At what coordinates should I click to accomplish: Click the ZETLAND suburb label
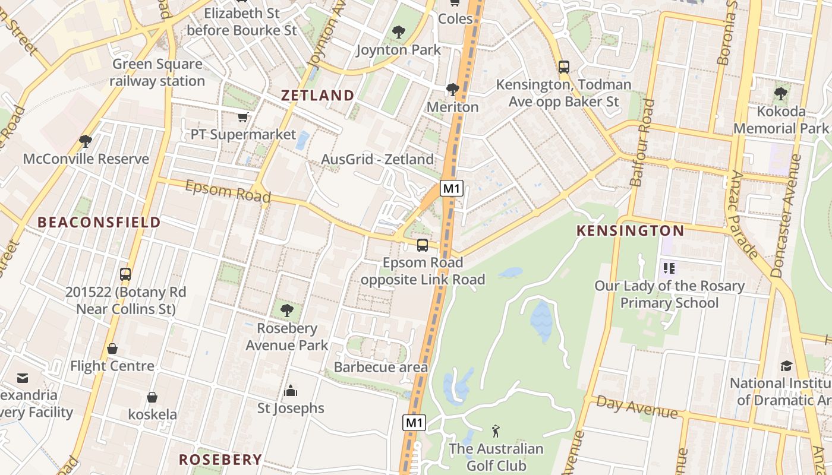pyautogui.click(x=317, y=95)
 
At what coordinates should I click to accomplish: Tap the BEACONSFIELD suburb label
pyautogui.click(x=99, y=223)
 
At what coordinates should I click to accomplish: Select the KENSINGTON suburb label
pyautogui.click(x=631, y=231)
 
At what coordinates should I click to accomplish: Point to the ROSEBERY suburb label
pyautogui.click(x=220, y=459)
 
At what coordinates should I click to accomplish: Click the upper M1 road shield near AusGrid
pyautogui.click(x=452, y=189)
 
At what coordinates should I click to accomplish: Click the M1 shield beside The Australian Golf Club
pyautogui.click(x=414, y=423)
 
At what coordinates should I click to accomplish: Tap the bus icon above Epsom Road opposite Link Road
pyautogui.click(x=423, y=245)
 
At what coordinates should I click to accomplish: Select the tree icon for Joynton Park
pyautogui.click(x=398, y=32)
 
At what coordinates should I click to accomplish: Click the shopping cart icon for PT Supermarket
pyautogui.click(x=242, y=117)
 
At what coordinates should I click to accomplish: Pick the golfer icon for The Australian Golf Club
pyautogui.click(x=496, y=431)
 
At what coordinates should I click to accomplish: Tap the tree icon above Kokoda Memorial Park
pyautogui.click(x=780, y=94)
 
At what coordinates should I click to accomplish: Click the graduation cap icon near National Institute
pyautogui.click(x=786, y=366)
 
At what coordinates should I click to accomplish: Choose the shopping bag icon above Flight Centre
pyautogui.click(x=112, y=349)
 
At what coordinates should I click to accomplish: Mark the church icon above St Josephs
pyautogui.click(x=291, y=390)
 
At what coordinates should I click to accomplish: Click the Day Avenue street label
pyautogui.click(x=636, y=407)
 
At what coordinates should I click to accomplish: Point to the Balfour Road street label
pyautogui.click(x=642, y=143)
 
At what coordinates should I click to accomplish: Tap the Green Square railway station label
pyautogui.click(x=157, y=72)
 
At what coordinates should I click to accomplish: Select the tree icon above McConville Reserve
pyautogui.click(x=86, y=141)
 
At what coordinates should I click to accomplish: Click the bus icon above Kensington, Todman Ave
pyautogui.click(x=564, y=66)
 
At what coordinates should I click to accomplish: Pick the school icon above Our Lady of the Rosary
pyautogui.click(x=669, y=268)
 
